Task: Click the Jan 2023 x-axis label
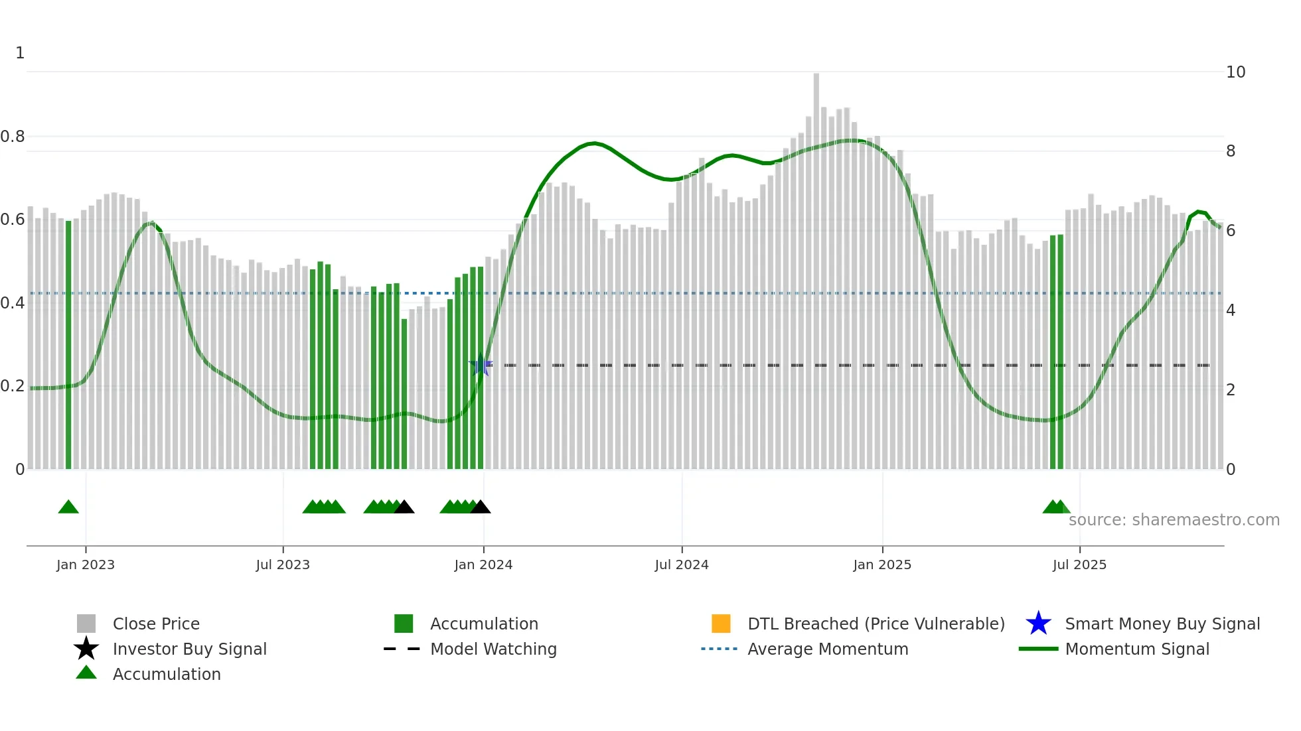click(86, 565)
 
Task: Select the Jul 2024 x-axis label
click(682, 565)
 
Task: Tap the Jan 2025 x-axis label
click(882, 565)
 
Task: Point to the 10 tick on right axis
click(1235, 72)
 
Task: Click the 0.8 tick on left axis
click(13, 137)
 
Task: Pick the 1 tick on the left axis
click(20, 53)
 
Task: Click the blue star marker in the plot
click(481, 365)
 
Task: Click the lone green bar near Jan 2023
click(68, 345)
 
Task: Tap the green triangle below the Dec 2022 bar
click(68, 507)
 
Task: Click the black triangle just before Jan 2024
click(480, 507)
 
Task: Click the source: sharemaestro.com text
click(1174, 520)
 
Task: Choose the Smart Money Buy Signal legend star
click(1038, 624)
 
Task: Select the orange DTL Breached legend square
click(721, 624)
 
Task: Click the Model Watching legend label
click(493, 649)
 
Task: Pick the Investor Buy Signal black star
click(86, 649)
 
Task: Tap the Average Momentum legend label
click(828, 649)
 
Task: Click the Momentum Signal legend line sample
click(1038, 649)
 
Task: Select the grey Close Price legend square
click(86, 624)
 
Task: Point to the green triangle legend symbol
click(86, 673)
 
